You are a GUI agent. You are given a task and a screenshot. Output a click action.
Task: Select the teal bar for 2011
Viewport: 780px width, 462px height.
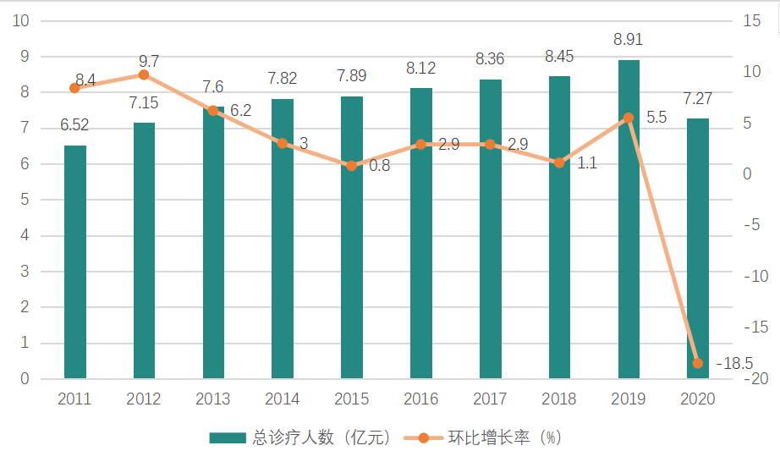point(74,261)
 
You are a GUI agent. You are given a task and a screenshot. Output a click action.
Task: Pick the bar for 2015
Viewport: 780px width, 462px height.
point(352,237)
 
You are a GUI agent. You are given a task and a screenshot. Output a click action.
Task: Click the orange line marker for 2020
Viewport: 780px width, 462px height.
point(698,363)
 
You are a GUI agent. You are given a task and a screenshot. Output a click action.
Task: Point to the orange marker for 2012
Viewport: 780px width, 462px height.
point(144,75)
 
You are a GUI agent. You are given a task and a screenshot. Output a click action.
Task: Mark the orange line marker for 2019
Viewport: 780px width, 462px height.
point(629,118)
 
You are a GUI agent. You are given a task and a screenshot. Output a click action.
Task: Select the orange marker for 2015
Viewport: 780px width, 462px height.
point(352,166)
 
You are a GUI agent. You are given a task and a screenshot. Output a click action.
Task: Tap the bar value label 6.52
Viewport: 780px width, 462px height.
point(74,125)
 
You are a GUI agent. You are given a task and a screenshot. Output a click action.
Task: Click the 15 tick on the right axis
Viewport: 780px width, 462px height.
point(752,20)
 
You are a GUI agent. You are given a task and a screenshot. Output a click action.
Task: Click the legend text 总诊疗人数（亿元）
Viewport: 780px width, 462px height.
point(322,437)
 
